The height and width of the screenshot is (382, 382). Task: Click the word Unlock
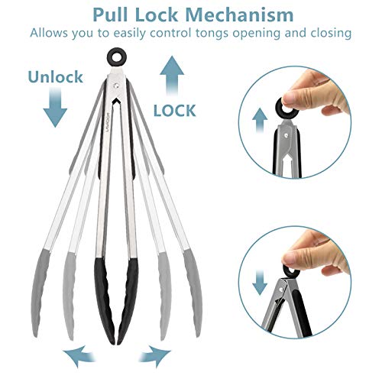click(56, 76)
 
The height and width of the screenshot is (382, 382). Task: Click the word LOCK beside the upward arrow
click(175, 111)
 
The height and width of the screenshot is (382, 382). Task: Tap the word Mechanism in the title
click(239, 15)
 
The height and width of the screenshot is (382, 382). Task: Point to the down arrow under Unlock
click(55, 107)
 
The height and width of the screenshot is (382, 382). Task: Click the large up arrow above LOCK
click(172, 76)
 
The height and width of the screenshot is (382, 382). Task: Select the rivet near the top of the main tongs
click(116, 86)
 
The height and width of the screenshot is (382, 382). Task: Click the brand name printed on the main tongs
click(107, 122)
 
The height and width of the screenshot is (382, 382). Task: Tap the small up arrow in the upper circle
click(260, 120)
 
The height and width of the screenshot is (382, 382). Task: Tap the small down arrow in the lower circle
click(260, 283)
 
